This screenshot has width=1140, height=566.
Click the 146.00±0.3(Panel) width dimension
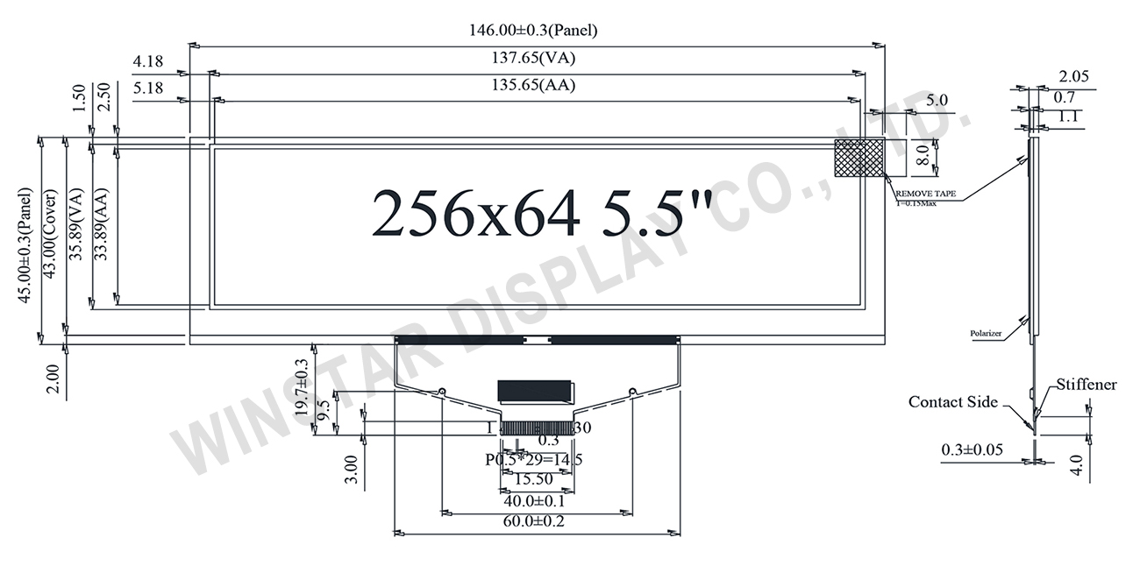click(x=535, y=31)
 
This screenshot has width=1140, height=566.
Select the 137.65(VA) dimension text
click(x=535, y=59)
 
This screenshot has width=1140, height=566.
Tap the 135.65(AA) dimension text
click(x=535, y=86)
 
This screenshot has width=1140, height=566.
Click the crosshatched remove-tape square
click(x=859, y=159)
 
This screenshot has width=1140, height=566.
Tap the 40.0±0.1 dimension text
click(x=534, y=501)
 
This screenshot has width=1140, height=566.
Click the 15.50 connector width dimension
click(x=534, y=480)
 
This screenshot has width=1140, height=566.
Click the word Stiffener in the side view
click(x=1086, y=385)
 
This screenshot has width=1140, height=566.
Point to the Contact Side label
click(x=952, y=402)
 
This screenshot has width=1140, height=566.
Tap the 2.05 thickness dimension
click(x=1073, y=76)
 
